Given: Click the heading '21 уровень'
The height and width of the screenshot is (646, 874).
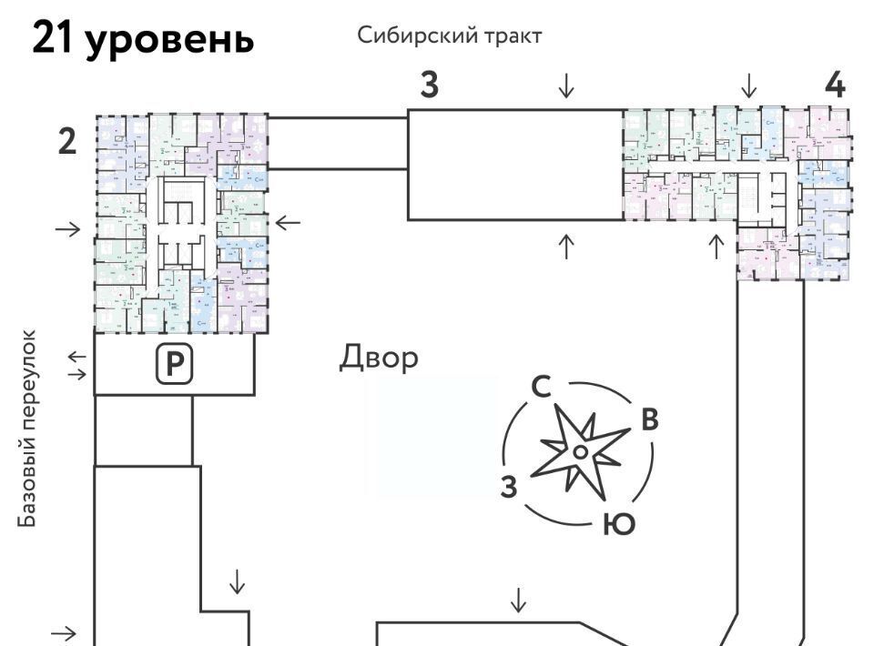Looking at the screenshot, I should point(142,39).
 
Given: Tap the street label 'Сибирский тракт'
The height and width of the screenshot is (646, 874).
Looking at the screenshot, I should point(450,35).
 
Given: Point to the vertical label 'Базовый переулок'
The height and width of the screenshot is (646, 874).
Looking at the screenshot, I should point(29,429).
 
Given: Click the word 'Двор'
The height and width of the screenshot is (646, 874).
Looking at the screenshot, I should point(380,358).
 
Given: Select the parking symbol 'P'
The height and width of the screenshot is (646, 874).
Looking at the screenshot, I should point(174,364).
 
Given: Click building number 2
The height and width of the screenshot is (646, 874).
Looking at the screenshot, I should point(67,143).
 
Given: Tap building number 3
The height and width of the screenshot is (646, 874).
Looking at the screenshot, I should point(429,86).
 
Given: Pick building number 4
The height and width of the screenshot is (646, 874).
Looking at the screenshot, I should point(835,85).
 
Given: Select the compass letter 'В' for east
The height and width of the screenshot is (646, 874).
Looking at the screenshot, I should point(649,419).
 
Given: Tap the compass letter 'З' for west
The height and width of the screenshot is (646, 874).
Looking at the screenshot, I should point(509,487).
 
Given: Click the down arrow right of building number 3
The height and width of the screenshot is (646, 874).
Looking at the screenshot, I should point(566,86).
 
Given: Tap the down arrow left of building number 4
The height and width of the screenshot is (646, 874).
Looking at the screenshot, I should point(748,86).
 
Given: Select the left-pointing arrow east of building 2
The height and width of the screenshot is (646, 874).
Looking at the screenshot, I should point(288,221).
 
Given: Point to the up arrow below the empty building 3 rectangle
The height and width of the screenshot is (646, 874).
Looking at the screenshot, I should point(566,246).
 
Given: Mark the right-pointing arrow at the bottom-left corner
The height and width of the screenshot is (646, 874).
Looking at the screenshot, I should point(66,632).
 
